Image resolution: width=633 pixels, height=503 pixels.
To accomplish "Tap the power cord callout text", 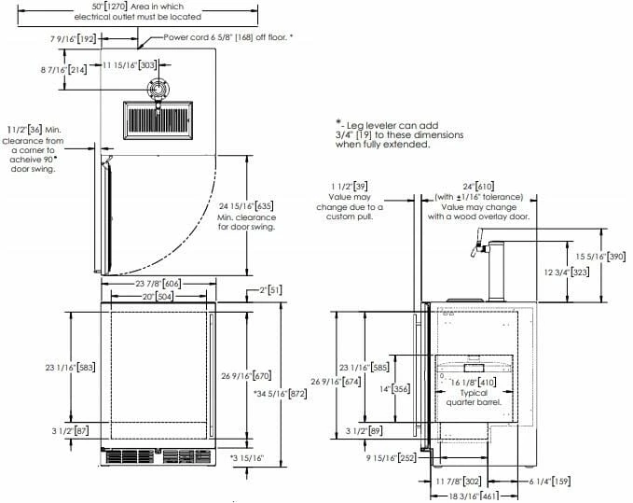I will (227, 36).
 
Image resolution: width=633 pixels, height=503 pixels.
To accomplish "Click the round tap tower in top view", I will (157, 90).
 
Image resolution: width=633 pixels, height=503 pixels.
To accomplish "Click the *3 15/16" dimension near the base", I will (248, 457).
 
